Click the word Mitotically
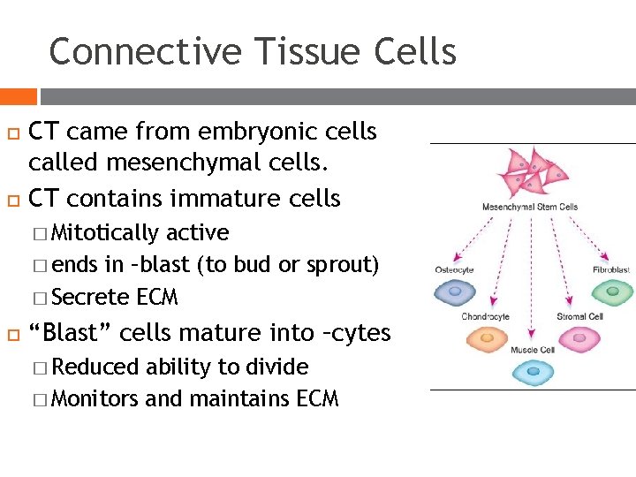pos(106,233)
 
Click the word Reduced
pos(95,367)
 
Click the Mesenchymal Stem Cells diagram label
pos(529,207)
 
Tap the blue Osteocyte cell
pos(455,291)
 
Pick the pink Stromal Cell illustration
pos(579,338)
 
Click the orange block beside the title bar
pos(19,96)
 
